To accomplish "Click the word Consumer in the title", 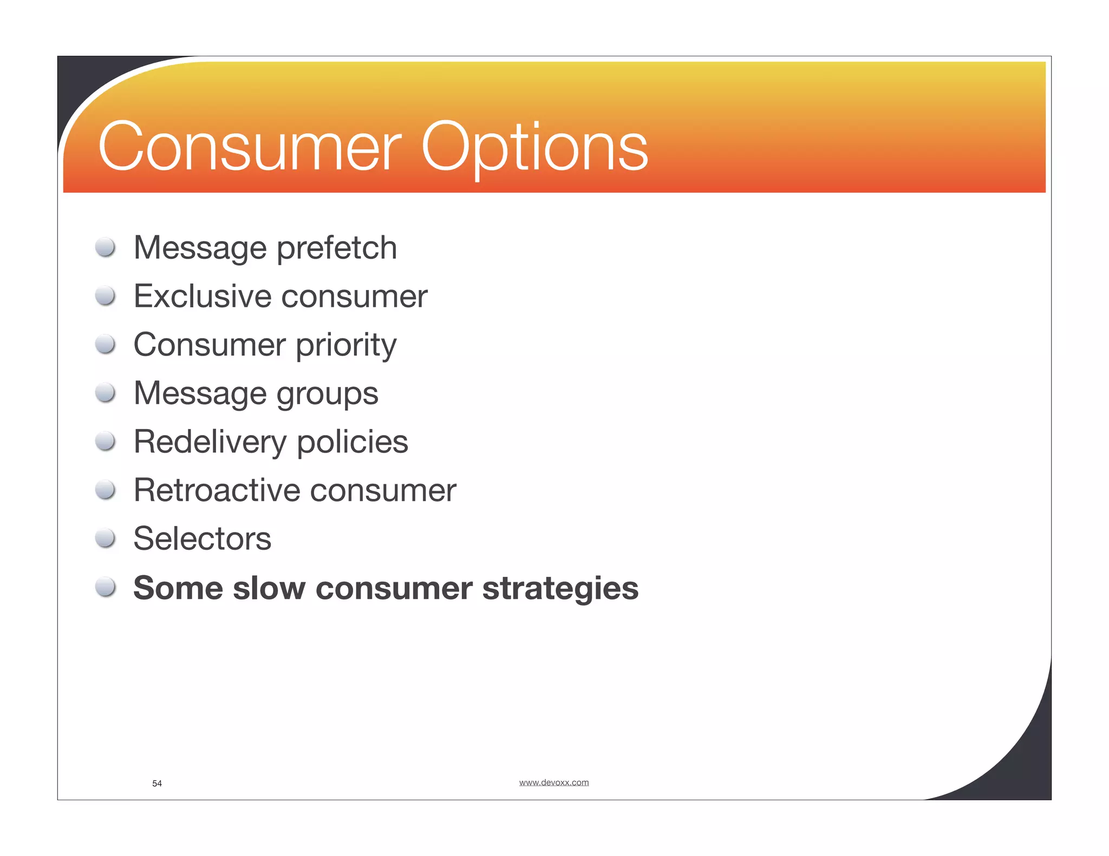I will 250,147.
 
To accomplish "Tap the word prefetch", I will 337,248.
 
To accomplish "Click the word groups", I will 327,394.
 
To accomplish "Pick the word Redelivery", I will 210,442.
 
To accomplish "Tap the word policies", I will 352,442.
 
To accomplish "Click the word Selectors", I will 202,539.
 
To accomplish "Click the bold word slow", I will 269,588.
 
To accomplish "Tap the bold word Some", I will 178,588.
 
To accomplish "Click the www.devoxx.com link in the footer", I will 553,782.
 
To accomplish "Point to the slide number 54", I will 157,783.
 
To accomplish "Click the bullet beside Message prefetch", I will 105,247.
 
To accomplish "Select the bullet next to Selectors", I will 105,538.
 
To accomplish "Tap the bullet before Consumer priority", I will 105,344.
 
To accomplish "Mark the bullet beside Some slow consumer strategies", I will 105,587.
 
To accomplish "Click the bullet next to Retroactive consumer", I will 105,490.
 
